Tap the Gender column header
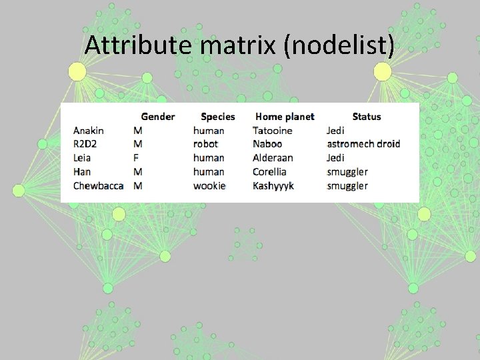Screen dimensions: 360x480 point(158,117)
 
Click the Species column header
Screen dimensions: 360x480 point(218,117)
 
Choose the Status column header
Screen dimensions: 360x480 point(367,117)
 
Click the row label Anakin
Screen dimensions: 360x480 point(89,131)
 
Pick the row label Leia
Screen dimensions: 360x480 point(82,158)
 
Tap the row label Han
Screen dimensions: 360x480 point(82,172)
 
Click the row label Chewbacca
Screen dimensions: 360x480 point(98,185)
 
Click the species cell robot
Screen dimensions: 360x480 point(205,144)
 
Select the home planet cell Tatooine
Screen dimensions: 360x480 point(273,131)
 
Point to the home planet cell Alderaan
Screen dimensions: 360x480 point(273,158)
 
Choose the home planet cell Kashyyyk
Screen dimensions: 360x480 point(273,185)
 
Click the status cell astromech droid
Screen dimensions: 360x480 point(363,144)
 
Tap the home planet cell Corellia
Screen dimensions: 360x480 point(270,172)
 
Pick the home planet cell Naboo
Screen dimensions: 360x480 point(267,144)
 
